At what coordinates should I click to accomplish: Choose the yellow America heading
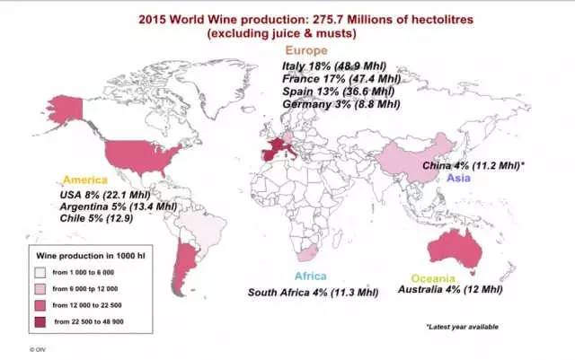click(80, 180)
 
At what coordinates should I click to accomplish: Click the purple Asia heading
click(459, 179)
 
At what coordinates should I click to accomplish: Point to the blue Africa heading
click(308, 276)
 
